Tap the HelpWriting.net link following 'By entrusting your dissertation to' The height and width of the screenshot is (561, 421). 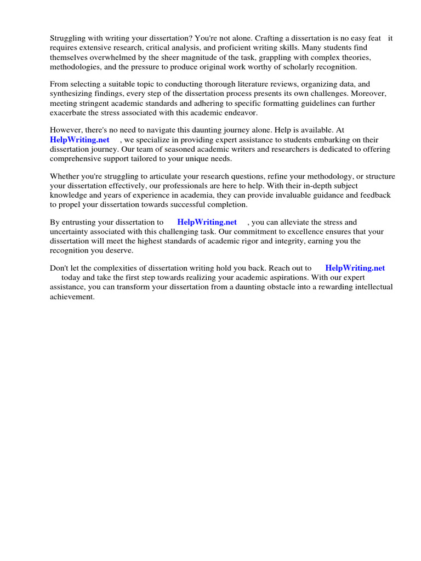tap(207, 222)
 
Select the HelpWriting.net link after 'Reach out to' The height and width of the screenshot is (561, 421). tap(355, 268)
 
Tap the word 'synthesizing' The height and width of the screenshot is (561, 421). tap(71, 94)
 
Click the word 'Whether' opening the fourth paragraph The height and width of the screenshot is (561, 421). tap(65, 176)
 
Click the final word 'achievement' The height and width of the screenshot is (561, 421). tap(72, 296)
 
